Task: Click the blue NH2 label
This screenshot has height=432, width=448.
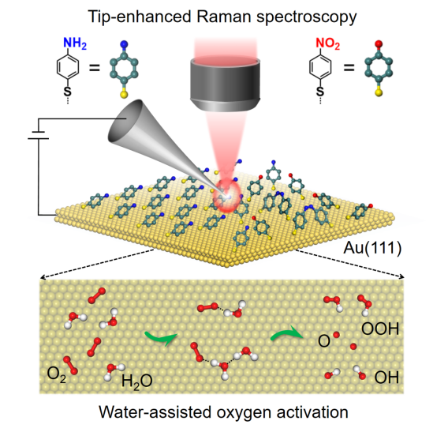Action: [x=75, y=43]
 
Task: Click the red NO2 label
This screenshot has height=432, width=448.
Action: [x=327, y=43]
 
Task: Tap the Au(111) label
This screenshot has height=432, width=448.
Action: [x=372, y=248]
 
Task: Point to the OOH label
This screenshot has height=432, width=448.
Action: [x=380, y=329]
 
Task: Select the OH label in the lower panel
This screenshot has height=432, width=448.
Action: [x=386, y=378]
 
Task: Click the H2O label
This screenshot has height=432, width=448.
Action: [x=137, y=381]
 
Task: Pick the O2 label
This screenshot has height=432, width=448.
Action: [x=57, y=374]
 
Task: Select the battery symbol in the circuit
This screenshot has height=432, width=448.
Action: [x=39, y=135]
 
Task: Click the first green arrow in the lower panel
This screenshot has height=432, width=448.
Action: [x=162, y=337]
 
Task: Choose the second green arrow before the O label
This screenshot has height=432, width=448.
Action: [x=286, y=333]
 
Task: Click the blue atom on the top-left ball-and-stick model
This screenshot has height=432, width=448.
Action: [x=124, y=45]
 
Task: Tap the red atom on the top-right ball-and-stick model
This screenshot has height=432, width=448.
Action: [x=379, y=43]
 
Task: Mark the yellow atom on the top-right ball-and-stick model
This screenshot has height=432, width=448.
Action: [x=379, y=92]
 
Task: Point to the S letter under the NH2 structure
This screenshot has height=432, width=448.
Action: [x=67, y=92]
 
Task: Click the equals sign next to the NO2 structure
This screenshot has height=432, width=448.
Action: [x=349, y=68]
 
